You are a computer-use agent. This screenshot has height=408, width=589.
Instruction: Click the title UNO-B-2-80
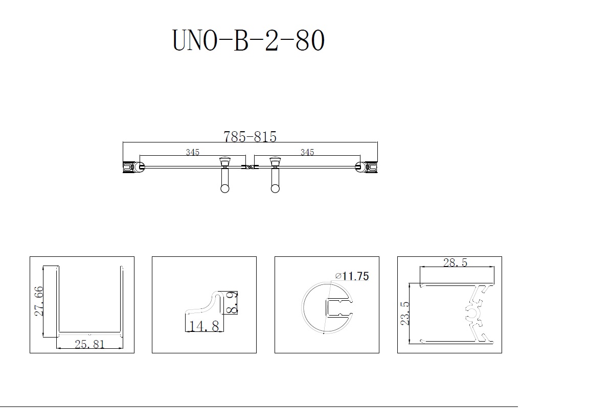pyautogui.click(x=248, y=40)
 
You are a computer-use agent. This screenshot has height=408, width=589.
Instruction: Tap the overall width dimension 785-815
pyautogui.click(x=250, y=136)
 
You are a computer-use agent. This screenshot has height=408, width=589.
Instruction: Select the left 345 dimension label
pyautogui.click(x=193, y=152)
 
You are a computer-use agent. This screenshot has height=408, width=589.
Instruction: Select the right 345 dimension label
pyautogui.click(x=307, y=152)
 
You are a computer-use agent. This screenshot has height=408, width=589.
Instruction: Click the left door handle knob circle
pyautogui.click(x=224, y=188)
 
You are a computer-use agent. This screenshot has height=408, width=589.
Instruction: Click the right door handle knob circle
pyautogui.click(x=275, y=188)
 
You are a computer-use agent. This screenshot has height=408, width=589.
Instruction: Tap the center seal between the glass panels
pyautogui.click(x=250, y=167)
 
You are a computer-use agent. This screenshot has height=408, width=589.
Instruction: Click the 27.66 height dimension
pyautogui.click(x=39, y=301)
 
